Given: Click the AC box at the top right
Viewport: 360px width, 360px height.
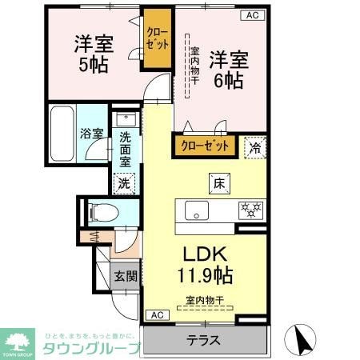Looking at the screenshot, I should [251, 15].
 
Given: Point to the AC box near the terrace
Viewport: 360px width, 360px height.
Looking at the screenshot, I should [157, 314].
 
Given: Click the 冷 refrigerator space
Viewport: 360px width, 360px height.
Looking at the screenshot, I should [254, 147].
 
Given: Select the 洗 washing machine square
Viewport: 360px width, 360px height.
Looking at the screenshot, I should [124, 182].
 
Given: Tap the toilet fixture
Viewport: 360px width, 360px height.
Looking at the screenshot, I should [102, 213].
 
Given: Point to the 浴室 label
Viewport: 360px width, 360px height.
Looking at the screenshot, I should [90, 134].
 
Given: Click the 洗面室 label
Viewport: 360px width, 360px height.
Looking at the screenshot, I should [125, 148].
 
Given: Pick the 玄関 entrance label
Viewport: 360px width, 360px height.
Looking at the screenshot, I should [125, 277].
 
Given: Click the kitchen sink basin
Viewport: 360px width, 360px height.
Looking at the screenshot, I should [197, 210].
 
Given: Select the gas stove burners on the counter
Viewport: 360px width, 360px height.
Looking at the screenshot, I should [250, 210].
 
